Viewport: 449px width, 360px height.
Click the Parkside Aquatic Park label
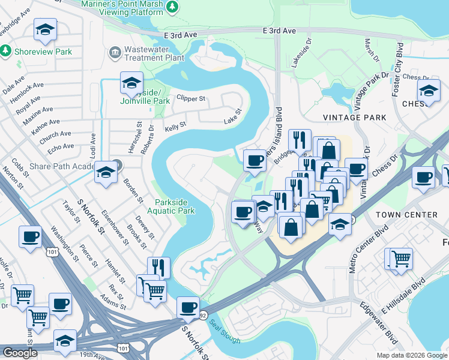point(175,206)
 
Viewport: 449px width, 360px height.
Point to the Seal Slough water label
point(225,332)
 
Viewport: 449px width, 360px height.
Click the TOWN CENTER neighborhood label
point(406,215)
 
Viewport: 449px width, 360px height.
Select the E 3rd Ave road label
point(280,31)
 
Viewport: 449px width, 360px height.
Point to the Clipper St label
point(191,98)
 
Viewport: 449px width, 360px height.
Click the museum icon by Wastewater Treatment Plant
point(114,53)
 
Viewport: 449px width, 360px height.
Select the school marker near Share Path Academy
point(106,173)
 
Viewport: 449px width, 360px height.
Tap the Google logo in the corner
point(20,353)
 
